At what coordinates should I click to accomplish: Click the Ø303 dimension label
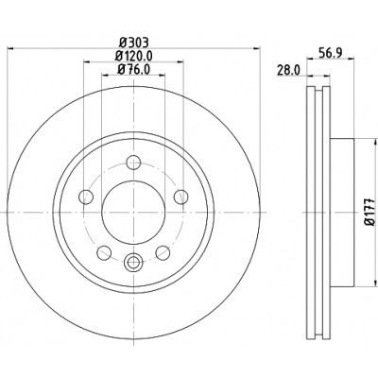[x=134, y=43]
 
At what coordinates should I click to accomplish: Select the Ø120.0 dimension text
[x=134, y=56]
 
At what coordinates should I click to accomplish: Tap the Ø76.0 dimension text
[x=133, y=69]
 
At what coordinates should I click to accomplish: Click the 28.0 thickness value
[x=288, y=69]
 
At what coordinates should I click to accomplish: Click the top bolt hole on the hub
[x=133, y=163]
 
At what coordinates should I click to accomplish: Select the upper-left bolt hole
[x=86, y=198]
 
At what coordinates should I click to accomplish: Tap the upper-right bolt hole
[x=181, y=197]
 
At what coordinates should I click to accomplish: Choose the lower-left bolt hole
[x=104, y=253]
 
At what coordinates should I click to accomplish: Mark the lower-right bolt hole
[x=163, y=253]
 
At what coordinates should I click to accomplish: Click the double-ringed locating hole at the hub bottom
[x=132, y=262]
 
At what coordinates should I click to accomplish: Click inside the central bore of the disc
[x=133, y=213]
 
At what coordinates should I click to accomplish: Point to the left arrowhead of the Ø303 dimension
[x=10, y=48]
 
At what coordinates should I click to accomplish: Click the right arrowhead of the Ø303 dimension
[x=257, y=48]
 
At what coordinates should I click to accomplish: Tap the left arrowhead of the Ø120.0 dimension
[x=87, y=61]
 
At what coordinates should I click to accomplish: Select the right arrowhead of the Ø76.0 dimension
[x=162, y=75]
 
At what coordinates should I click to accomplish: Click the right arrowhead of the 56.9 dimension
[x=351, y=59]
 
